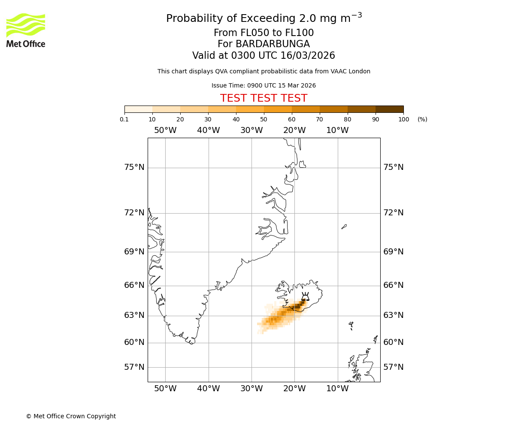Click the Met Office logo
click(26, 30)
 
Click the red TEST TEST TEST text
click(264, 98)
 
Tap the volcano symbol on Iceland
click(305, 296)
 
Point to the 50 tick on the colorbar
click(264, 113)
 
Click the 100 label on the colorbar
click(403, 119)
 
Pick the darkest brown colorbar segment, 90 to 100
click(389, 109)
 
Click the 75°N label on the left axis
click(134, 167)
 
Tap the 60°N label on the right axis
click(393, 342)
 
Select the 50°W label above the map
click(165, 130)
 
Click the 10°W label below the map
click(337, 389)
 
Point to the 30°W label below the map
click(251, 389)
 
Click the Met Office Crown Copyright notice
click(71, 416)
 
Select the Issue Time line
click(264, 85)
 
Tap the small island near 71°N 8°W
click(344, 227)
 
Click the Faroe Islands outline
click(351, 325)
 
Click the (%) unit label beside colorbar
click(422, 119)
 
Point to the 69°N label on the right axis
click(393, 252)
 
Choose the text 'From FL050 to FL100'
click(264, 33)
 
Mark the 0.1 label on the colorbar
click(124, 119)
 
